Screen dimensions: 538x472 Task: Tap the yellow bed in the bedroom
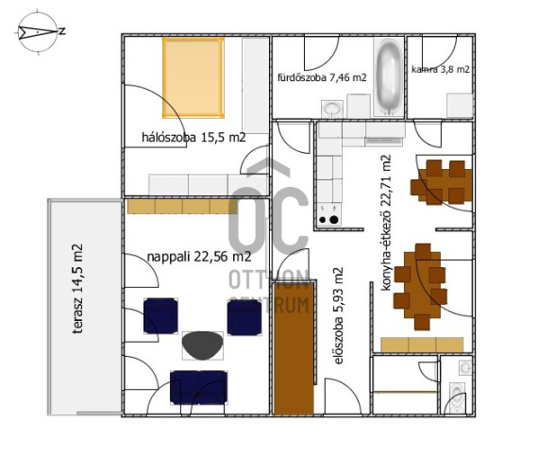(x=193, y=77)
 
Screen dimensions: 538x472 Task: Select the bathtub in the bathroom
(x=389, y=77)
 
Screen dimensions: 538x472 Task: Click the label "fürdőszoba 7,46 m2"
(x=322, y=77)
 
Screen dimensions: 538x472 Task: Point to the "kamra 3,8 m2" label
(x=441, y=69)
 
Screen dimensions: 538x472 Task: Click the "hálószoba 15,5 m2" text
(x=193, y=137)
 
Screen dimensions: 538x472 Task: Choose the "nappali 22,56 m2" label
(x=199, y=257)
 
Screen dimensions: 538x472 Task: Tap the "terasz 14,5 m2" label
(x=77, y=288)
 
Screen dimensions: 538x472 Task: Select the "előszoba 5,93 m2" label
(x=338, y=316)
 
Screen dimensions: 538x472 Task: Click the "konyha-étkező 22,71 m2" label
(x=386, y=223)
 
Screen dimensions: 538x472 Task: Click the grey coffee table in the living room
(x=202, y=346)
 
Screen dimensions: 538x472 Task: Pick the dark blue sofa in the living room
(x=198, y=388)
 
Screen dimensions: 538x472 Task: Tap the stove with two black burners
(x=328, y=214)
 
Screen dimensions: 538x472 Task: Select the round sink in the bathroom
(x=332, y=110)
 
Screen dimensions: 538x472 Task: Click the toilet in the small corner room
(x=457, y=396)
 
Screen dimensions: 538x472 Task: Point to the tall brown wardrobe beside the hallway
(x=294, y=348)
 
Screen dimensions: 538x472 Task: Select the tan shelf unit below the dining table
(x=422, y=345)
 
